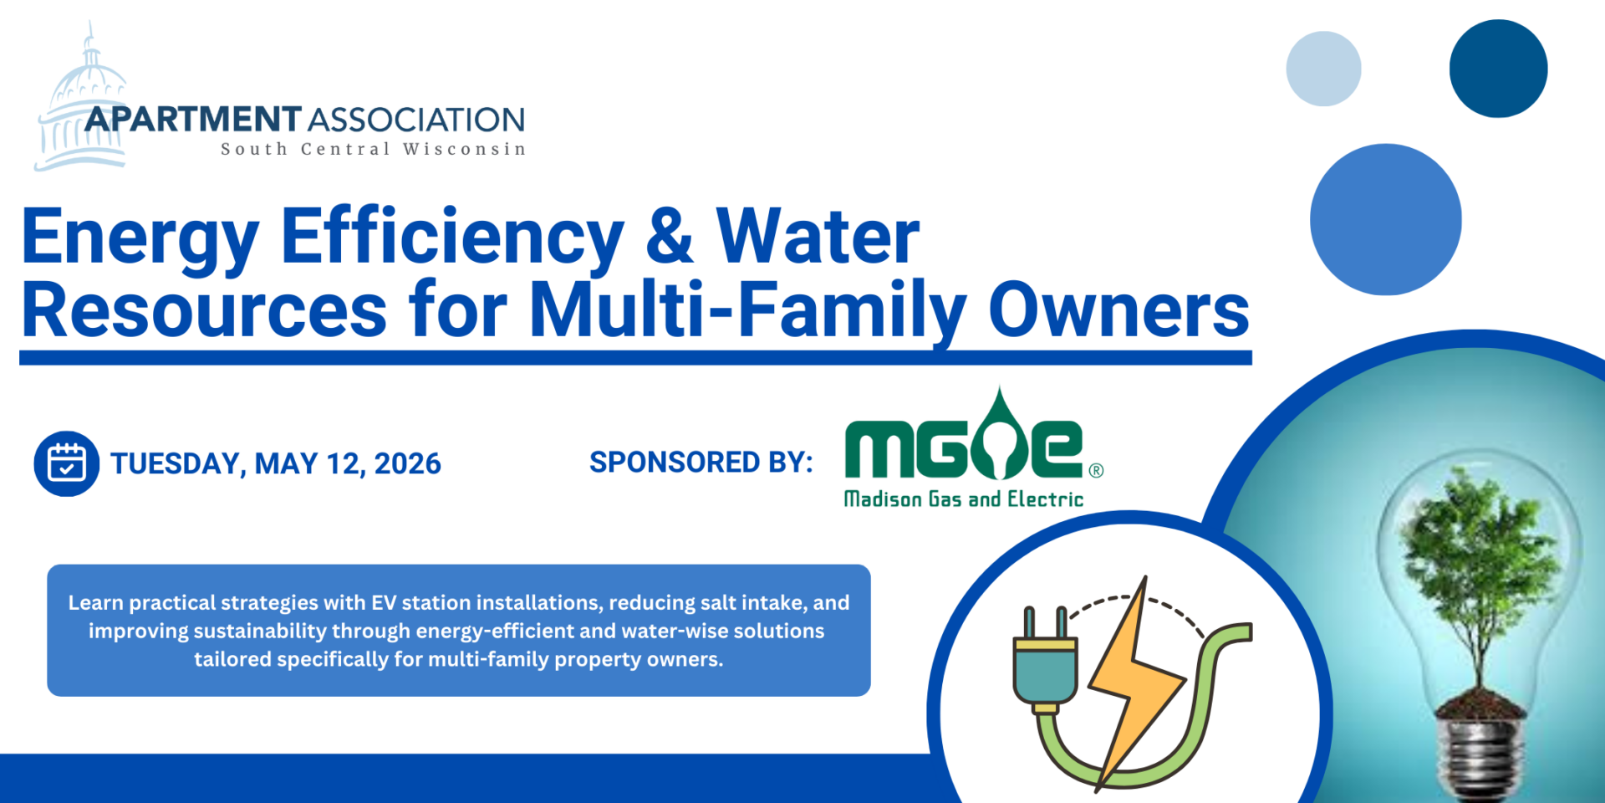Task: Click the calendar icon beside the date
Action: (x=67, y=463)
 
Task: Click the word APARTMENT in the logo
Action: (x=193, y=120)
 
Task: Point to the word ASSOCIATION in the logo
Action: (x=416, y=120)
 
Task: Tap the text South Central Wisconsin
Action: (x=374, y=149)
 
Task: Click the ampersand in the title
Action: (x=670, y=237)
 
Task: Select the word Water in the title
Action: (x=818, y=237)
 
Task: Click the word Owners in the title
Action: (x=1119, y=309)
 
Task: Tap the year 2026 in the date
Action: (x=407, y=463)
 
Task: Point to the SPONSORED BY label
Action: (x=701, y=462)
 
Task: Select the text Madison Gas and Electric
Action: (x=964, y=499)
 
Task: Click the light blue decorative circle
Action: (x=1323, y=69)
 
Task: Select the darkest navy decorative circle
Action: (x=1498, y=69)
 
